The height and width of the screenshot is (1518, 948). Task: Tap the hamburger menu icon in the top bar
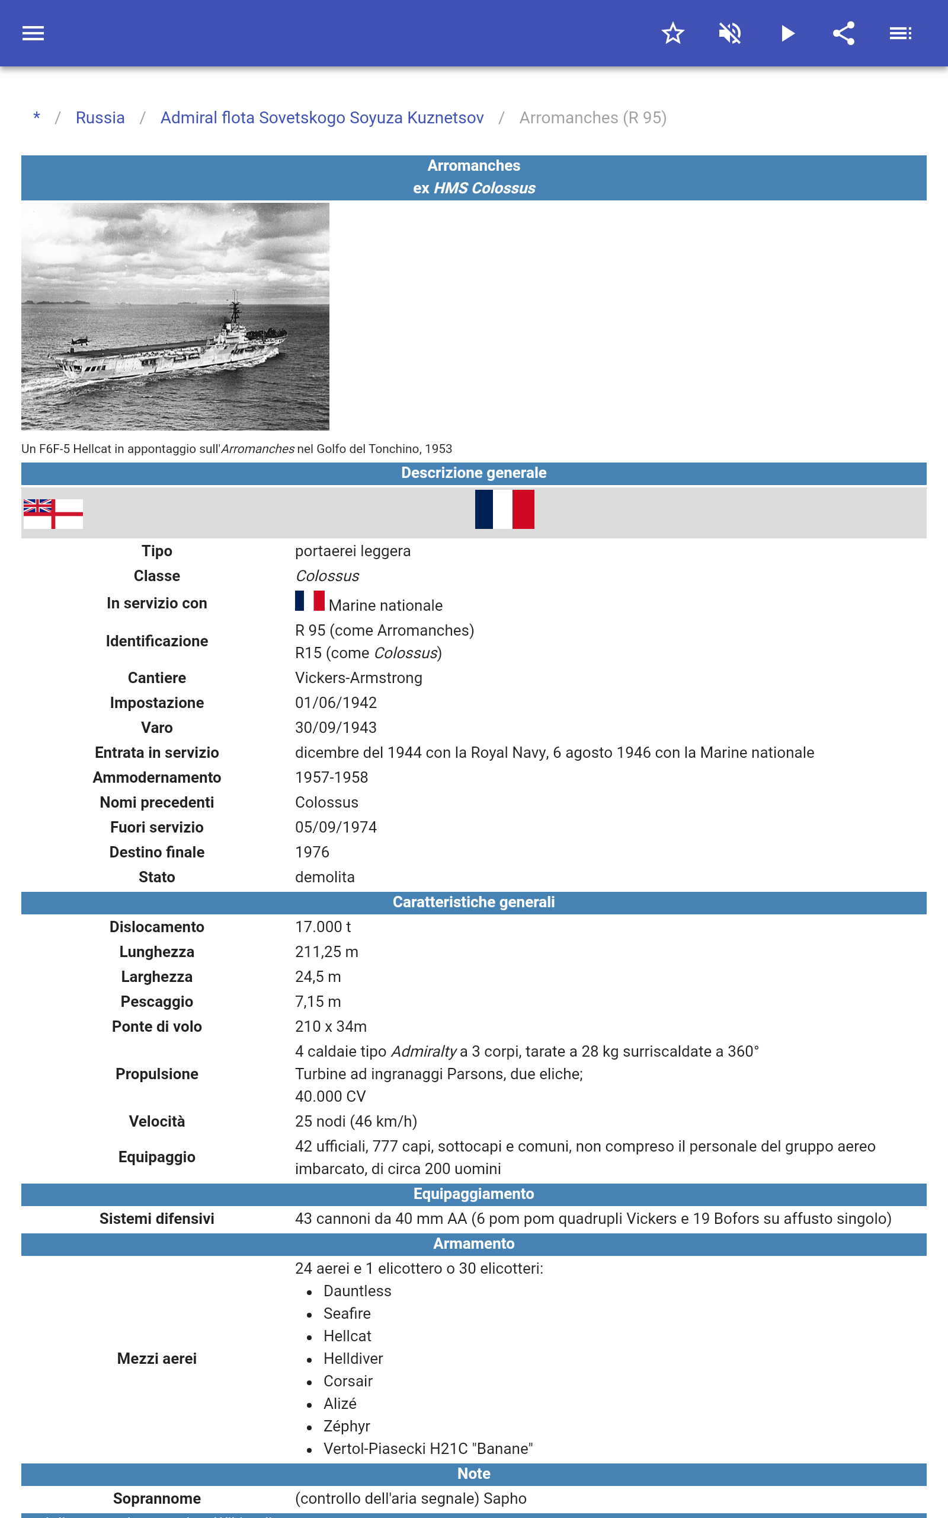(x=33, y=33)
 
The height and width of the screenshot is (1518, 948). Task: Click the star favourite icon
(x=672, y=33)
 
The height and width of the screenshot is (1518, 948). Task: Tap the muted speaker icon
(x=730, y=33)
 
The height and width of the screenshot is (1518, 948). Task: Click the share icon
(x=844, y=33)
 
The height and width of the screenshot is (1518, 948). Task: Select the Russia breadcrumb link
(x=100, y=118)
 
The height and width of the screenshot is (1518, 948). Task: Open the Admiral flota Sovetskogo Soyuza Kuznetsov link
(x=322, y=118)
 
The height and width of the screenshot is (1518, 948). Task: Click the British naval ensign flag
(x=53, y=514)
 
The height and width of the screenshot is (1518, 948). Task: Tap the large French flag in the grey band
(x=505, y=509)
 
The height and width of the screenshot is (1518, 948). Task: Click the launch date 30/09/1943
(x=335, y=728)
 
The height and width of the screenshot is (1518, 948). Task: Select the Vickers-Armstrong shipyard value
(x=358, y=678)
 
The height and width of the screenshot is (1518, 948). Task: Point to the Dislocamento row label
(x=157, y=927)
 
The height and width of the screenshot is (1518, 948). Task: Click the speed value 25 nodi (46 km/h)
(x=355, y=1121)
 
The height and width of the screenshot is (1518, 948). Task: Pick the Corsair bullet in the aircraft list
(x=348, y=1381)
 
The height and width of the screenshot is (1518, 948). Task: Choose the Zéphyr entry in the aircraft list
(x=347, y=1427)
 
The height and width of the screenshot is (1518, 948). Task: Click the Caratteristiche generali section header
(x=473, y=902)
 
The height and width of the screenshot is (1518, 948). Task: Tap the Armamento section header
(x=473, y=1244)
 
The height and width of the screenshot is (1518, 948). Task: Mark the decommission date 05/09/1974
(x=335, y=827)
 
